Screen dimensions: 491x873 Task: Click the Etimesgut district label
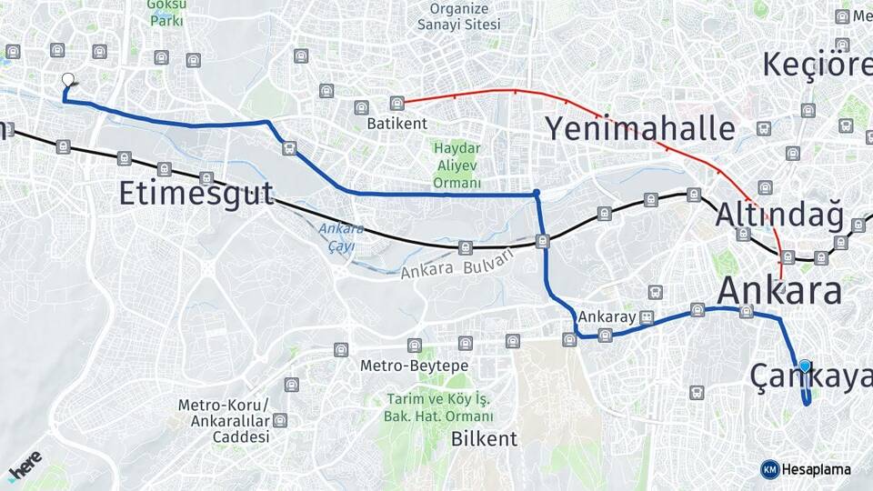pyautogui.click(x=196, y=194)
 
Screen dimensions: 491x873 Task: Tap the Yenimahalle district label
pyautogui.click(x=638, y=128)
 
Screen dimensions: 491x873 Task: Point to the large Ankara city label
pyautogui.click(x=779, y=292)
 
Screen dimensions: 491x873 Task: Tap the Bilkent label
pyautogui.click(x=485, y=439)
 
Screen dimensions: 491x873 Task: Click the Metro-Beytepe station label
pyautogui.click(x=414, y=366)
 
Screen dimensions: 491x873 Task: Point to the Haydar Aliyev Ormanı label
pyautogui.click(x=457, y=165)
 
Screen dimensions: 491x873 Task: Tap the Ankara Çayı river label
pyautogui.click(x=342, y=237)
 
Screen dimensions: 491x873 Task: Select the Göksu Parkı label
pyautogui.click(x=166, y=12)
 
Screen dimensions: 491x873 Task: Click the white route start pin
pyautogui.click(x=67, y=81)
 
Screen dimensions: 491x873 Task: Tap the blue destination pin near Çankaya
pyautogui.click(x=805, y=366)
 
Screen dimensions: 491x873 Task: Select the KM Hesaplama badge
pyautogui.click(x=806, y=469)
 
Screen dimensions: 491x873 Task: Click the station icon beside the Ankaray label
pyautogui.click(x=647, y=317)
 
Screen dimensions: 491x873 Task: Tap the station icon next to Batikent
pyautogui.click(x=396, y=104)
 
